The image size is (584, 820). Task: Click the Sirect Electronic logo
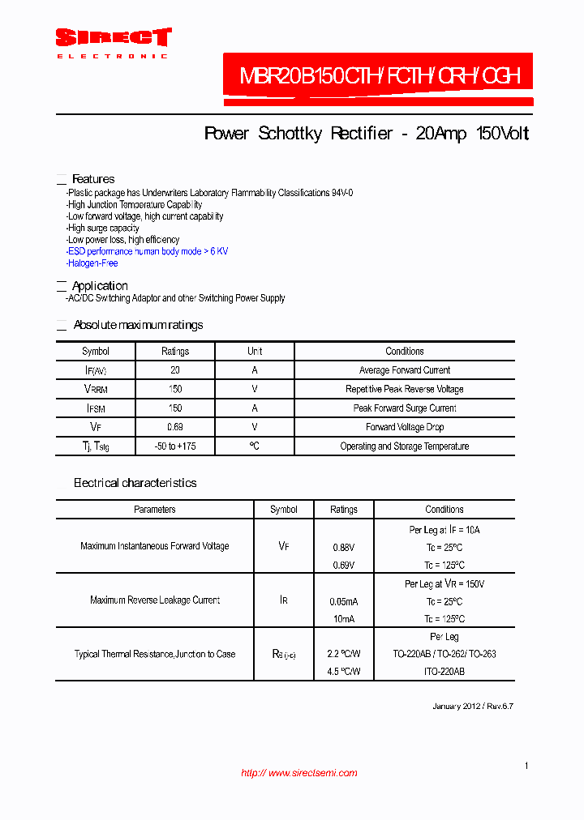pyautogui.click(x=113, y=42)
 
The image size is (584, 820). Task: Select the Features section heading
pyautogui.click(x=93, y=179)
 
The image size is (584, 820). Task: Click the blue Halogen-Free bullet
pyautogui.click(x=92, y=263)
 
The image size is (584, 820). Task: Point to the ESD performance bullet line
pyautogui.click(x=148, y=251)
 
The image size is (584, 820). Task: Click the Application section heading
pyautogui.click(x=100, y=286)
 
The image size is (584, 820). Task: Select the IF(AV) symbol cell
pyautogui.click(x=96, y=370)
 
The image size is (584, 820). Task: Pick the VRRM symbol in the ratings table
pyautogui.click(x=96, y=390)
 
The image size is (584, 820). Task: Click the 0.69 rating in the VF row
pyautogui.click(x=174, y=427)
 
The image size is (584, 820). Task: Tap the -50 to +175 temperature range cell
pyautogui.click(x=174, y=446)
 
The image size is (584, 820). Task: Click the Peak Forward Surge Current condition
pyautogui.click(x=404, y=408)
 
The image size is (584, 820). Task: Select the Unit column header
pyautogui.click(x=255, y=352)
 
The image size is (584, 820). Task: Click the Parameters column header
pyautogui.click(x=154, y=510)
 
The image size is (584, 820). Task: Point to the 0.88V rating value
pyautogui.click(x=344, y=548)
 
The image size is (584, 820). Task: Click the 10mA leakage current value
pyautogui.click(x=344, y=619)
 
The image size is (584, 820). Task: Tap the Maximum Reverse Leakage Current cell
pyautogui.click(x=154, y=600)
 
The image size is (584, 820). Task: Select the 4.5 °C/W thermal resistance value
pyautogui.click(x=344, y=672)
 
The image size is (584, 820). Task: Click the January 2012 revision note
pyautogui.click(x=472, y=707)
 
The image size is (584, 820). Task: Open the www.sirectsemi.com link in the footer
pyautogui.click(x=299, y=773)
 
